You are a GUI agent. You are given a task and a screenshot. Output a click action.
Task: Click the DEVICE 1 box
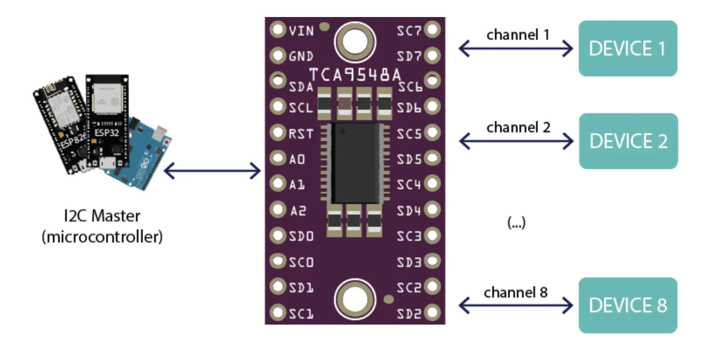(627, 48)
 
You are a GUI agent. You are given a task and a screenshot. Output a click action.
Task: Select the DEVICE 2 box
(628, 141)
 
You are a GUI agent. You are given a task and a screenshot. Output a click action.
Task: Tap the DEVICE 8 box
(627, 305)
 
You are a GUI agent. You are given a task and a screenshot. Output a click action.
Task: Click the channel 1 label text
(518, 35)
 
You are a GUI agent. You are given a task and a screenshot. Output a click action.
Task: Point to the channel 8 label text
(515, 292)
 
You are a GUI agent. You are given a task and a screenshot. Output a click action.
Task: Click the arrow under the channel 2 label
(516, 141)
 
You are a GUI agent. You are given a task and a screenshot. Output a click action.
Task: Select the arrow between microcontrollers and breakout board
(212, 170)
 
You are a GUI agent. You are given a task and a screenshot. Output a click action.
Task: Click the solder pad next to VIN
(277, 30)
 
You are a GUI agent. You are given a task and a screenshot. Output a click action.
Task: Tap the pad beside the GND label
(277, 55)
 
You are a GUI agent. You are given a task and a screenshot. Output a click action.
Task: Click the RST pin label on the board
(301, 134)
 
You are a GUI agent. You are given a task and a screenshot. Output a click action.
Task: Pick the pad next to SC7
(432, 30)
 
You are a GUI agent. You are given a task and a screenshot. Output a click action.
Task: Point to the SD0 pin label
(301, 236)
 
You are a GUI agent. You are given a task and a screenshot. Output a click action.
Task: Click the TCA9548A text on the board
(355, 75)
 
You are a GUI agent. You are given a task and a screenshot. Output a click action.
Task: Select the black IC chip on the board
(356, 163)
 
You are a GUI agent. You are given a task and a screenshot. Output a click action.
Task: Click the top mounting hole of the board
(355, 42)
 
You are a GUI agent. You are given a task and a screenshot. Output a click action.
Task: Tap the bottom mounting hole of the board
(355, 300)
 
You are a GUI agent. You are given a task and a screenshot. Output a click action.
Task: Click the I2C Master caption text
(102, 216)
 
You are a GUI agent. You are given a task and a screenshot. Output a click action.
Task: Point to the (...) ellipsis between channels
(516, 223)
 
